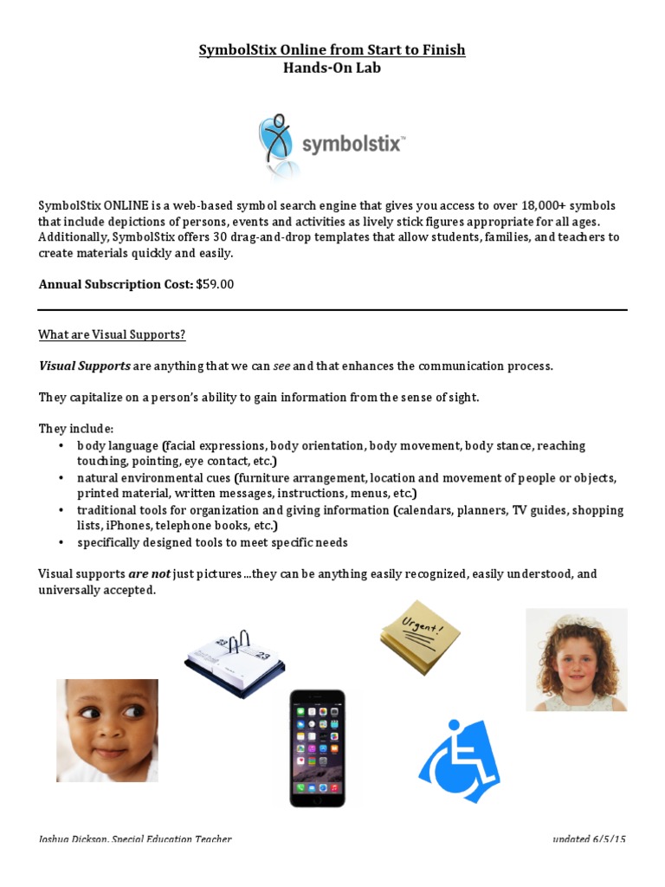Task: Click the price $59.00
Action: (215, 284)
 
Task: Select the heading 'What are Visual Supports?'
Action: (113, 335)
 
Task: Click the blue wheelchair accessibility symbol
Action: (459, 761)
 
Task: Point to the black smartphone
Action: (317, 747)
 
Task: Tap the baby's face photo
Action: (107, 730)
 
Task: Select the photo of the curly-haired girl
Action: (576, 659)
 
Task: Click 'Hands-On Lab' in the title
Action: (332, 68)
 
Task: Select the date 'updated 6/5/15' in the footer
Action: (589, 839)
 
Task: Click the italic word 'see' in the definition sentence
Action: (281, 366)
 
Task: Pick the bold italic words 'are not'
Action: (150, 574)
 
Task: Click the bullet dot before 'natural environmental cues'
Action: (61, 478)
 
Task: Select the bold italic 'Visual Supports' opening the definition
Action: (84, 366)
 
